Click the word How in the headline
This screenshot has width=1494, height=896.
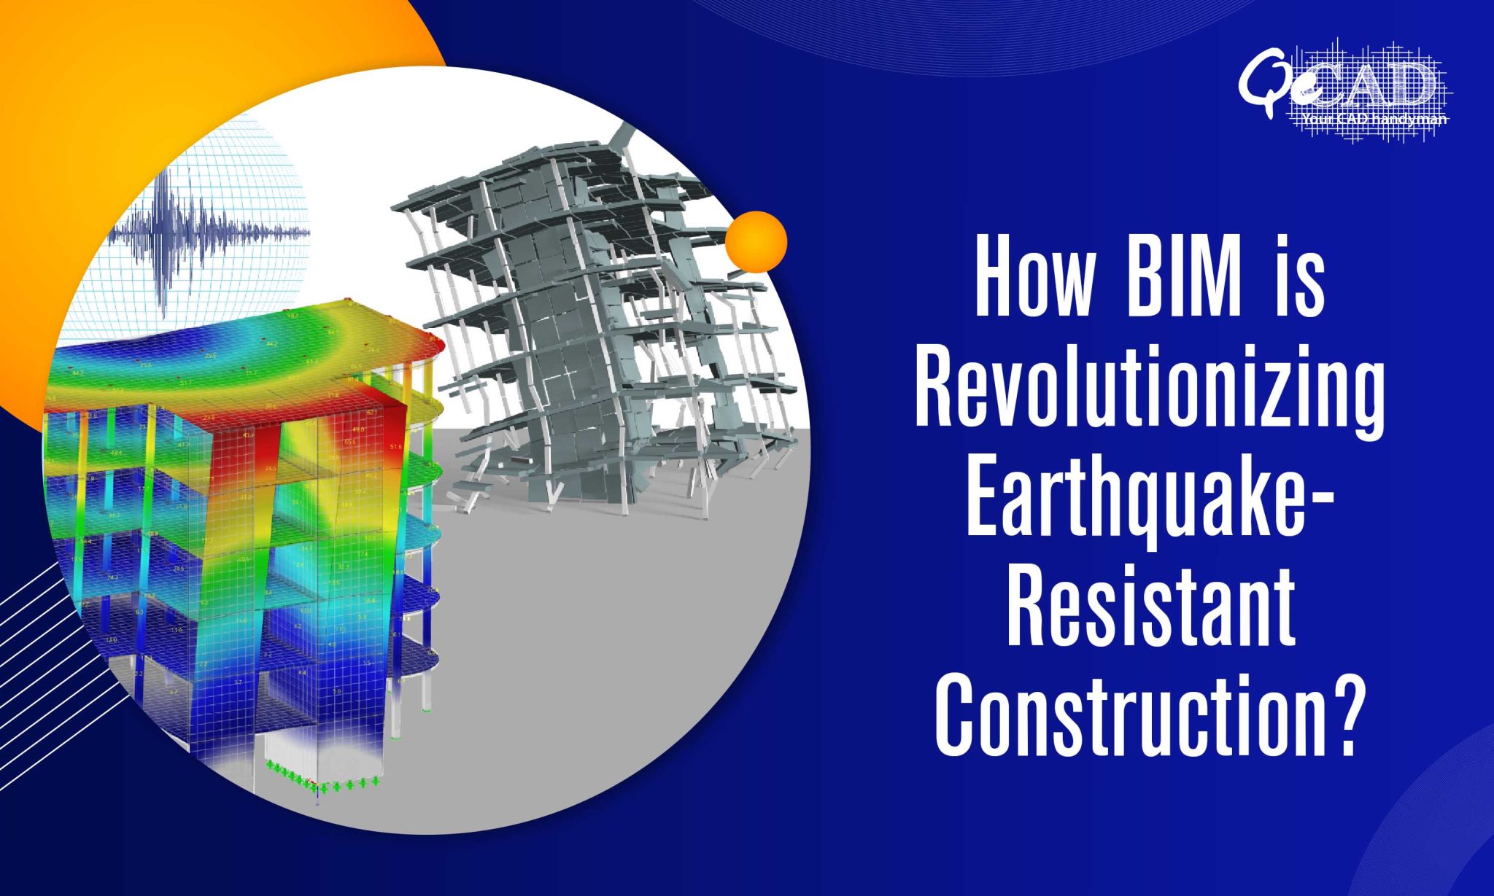(1034, 278)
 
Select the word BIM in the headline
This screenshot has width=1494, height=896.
(1183, 278)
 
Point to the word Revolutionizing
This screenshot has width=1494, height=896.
(1149, 394)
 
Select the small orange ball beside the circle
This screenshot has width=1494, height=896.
(756, 241)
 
